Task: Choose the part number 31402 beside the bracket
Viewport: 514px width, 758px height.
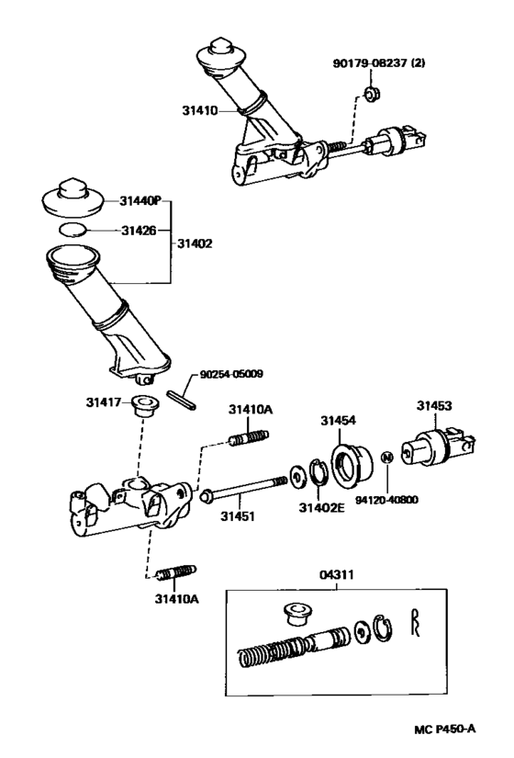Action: coord(196,243)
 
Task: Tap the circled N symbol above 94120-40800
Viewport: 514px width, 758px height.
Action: coord(387,457)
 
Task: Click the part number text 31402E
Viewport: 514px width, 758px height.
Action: coord(324,504)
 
